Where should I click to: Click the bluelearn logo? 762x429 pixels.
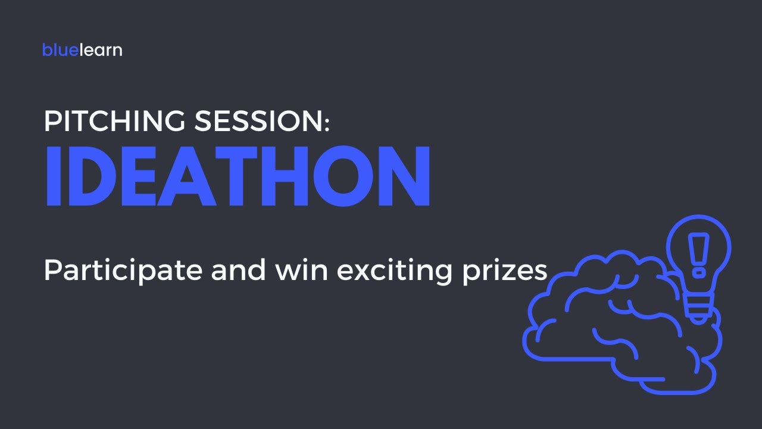[x=82, y=50]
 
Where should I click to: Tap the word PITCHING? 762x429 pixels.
[x=115, y=122]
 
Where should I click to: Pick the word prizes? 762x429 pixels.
[x=508, y=272]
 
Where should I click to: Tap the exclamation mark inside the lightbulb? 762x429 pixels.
[x=698, y=253]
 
